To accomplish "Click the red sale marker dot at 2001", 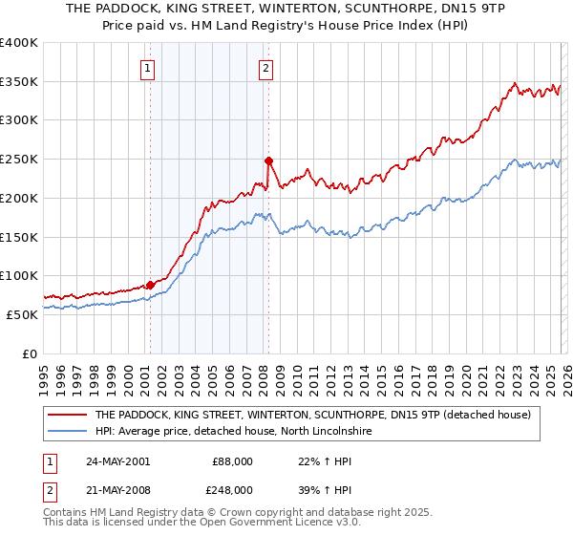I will [150, 285].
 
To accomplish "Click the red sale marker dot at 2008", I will [268, 160].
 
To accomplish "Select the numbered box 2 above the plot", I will [265, 68].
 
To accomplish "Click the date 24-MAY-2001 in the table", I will [117, 460].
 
